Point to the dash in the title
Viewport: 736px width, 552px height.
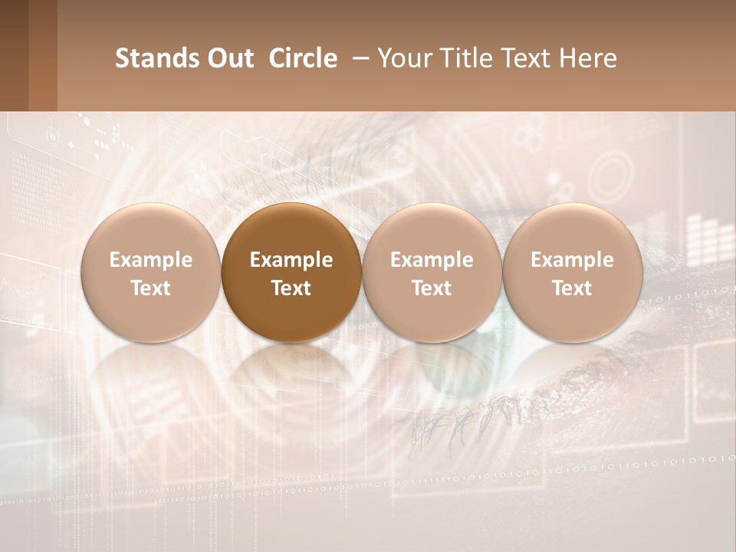pos(359,58)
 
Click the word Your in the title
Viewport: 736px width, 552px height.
pos(402,58)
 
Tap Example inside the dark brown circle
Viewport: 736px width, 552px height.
pos(291,260)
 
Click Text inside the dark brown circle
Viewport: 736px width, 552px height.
pos(291,288)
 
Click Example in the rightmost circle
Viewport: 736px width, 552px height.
pos(572,260)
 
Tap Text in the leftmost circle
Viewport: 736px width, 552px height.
pos(150,288)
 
